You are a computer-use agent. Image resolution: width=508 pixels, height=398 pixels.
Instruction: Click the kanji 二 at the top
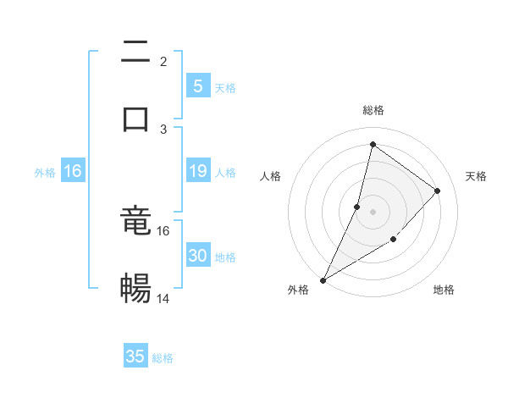135,53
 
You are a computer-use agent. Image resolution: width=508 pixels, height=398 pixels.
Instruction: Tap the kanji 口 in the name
135,119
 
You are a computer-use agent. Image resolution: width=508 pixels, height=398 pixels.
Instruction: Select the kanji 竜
135,222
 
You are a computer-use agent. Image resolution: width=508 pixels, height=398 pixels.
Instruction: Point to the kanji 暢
135,289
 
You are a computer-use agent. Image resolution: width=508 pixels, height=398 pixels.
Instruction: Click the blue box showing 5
197,86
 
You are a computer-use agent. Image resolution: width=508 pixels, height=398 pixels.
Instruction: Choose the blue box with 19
197,171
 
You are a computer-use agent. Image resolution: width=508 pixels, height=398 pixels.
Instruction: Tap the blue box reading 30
197,256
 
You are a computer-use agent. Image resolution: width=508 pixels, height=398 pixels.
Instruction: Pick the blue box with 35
135,357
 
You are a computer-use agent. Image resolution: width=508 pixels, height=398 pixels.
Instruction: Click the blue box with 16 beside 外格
73,171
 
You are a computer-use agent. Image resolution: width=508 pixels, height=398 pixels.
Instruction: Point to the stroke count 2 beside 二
163,62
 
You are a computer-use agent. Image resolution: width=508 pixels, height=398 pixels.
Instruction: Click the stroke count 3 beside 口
163,129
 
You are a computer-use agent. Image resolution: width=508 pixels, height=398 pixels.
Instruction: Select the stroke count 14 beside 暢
163,299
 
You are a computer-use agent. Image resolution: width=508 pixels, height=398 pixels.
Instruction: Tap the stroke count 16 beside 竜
163,230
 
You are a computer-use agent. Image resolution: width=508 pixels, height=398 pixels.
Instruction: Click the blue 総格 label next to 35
163,358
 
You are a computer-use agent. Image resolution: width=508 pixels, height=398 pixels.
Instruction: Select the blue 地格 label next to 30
225,257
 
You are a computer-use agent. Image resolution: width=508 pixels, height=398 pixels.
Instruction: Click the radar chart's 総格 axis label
373,110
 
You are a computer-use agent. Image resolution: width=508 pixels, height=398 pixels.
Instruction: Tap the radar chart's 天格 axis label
476,176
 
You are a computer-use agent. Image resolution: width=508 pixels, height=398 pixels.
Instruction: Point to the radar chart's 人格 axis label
270,176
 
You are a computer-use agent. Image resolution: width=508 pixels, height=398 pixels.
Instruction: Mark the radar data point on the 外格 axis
323,279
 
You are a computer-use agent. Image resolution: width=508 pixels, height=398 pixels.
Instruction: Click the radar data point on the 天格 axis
438,191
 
